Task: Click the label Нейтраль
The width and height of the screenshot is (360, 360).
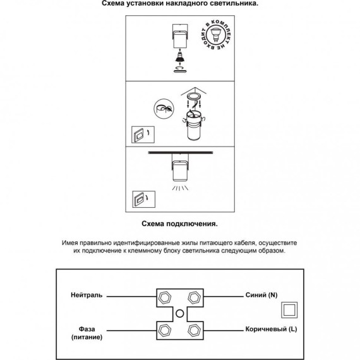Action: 87,295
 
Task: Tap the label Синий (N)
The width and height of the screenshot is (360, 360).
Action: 261,295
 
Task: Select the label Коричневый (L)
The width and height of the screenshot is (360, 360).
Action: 271,329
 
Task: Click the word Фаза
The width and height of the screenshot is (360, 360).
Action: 87,329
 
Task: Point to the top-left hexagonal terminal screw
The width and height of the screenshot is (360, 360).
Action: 165,297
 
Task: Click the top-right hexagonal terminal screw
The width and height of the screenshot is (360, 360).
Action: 195,297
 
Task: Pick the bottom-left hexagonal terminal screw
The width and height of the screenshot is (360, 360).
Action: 165,330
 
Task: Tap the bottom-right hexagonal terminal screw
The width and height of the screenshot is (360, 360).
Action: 195,330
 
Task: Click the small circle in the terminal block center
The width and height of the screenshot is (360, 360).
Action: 179,314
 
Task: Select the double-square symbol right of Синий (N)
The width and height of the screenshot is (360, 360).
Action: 289,310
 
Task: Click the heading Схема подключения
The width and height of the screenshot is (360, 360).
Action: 179,224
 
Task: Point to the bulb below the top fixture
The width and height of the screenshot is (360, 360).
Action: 180,57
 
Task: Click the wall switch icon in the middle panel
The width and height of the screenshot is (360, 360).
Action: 143,135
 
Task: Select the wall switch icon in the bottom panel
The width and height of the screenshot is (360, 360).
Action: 144,200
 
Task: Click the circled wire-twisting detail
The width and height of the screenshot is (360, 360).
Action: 164,109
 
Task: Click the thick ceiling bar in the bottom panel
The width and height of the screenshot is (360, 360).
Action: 181,152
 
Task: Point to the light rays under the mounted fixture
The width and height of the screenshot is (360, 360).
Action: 180,188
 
